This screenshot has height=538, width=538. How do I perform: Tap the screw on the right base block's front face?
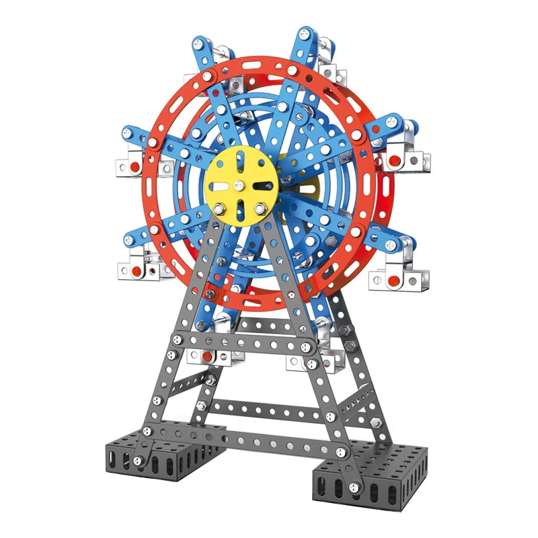click(x=356, y=488)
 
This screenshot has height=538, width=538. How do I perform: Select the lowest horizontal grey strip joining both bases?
click(x=282, y=440)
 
